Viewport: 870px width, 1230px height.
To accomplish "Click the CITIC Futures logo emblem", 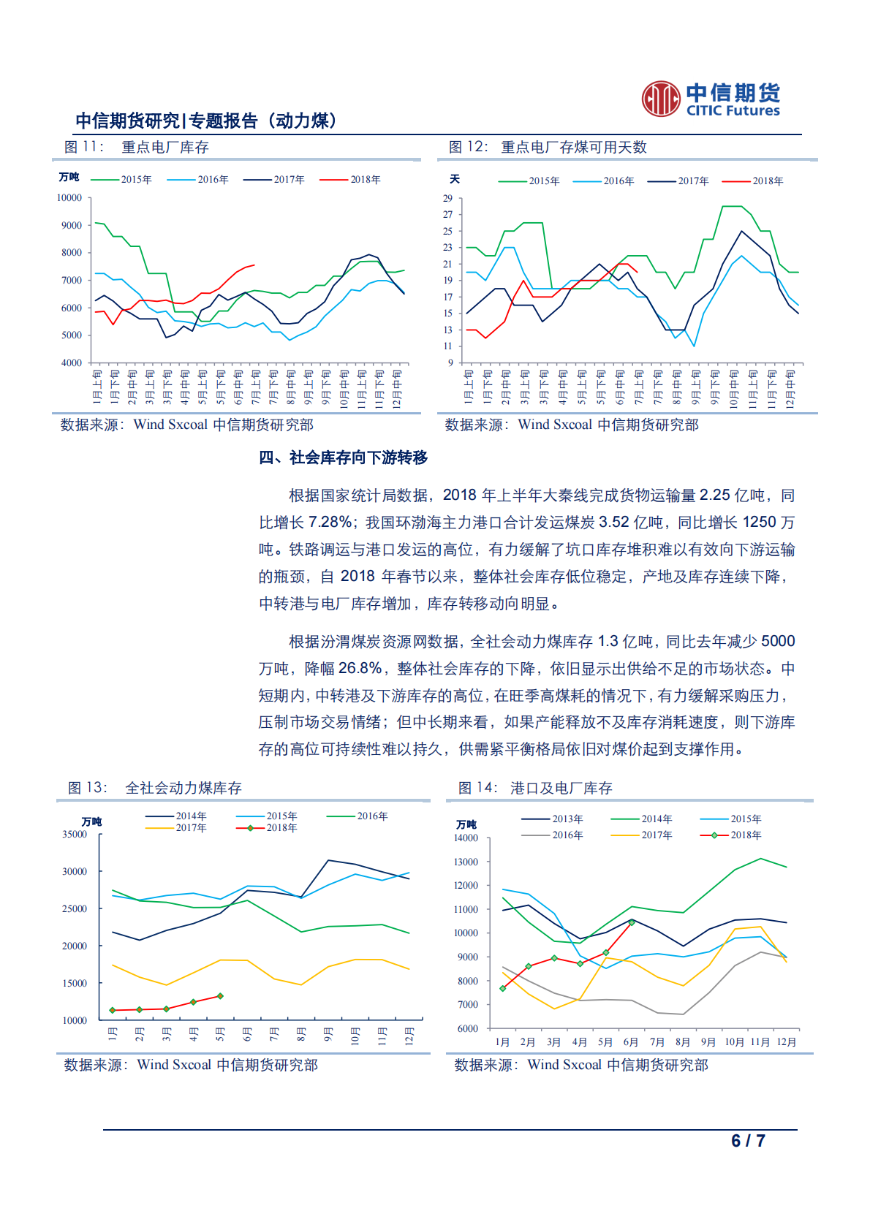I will [661, 99].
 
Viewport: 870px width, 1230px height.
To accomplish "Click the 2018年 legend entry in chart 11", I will [365, 180].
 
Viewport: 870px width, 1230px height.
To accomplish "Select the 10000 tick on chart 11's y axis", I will [69, 198].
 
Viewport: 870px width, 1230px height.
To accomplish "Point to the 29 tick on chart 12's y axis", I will [447, 199].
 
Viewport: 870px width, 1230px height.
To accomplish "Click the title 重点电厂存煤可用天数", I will [573, 148].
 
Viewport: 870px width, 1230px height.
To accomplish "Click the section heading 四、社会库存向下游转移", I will [343, 458].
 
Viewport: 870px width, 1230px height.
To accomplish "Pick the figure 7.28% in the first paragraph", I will [330, 523].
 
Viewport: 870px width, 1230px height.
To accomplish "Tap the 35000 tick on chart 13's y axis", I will [75, 835].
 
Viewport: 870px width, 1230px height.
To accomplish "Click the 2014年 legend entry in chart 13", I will [191, 816].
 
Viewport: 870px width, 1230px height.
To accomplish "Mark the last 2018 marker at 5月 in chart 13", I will [220, 996].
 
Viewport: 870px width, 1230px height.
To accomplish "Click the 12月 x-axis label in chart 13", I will [409, 1036].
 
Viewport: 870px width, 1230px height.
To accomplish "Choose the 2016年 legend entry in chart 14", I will [567, 835].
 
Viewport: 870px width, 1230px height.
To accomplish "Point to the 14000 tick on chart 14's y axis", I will [466, 838].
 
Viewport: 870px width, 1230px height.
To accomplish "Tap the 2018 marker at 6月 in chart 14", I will [632, 923].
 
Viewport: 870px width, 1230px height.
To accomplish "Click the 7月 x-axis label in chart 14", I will [657, 1042].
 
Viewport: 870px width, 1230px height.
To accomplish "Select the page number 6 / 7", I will [748, 1141].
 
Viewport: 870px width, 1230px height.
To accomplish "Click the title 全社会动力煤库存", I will [184, 789].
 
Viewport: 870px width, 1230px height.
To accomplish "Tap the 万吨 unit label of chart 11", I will [69, 178].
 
